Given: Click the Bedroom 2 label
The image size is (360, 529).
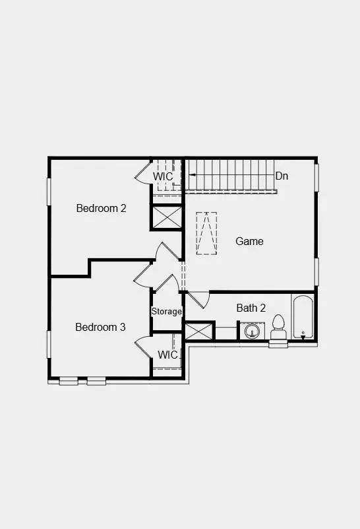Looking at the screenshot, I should pos(101,208).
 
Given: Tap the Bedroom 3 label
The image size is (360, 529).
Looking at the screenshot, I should pos(100,327).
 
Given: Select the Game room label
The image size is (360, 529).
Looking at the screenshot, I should pos(249,241).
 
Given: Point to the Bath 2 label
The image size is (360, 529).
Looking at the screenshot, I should pos(251,308).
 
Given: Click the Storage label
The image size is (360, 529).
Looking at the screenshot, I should pos(167,311).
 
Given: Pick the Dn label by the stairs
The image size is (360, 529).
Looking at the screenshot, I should pos(282,176).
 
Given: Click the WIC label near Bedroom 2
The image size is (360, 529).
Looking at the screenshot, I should pos(164,177).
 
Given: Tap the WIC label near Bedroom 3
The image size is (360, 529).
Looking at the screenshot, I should pos(167,355).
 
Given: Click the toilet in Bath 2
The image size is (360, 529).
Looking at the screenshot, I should pos(278,327).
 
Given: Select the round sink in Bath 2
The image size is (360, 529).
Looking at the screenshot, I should pos(251,330).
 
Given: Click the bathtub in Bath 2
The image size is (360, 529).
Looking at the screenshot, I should pos(303,317).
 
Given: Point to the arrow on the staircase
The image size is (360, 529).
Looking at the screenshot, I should pos(193,174).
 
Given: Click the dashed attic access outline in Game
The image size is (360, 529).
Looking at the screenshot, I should pos(206,233).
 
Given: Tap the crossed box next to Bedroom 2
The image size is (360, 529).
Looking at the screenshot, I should pos(167,217).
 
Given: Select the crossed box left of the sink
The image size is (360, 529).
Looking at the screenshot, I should pos(198,331).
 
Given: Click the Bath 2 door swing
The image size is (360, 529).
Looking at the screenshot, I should pos(198,299).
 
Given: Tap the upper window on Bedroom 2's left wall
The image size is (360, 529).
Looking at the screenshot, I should pos(48,192).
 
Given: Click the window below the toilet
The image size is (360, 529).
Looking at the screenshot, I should pos(278,344).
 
